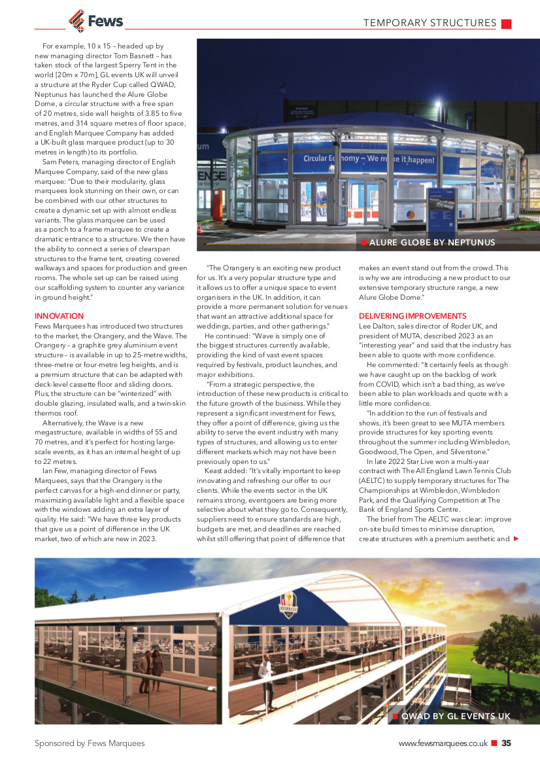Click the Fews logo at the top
point(95,21)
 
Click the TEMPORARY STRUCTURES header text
point(430,24)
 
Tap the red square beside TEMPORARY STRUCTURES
point(506,24)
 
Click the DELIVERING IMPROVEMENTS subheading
point(413,316)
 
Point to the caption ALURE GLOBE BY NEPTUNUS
point(432,243)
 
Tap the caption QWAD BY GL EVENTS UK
point(456,716)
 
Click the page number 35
point(507,743)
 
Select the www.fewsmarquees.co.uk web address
point(443,743)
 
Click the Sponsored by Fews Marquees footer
point(90,743)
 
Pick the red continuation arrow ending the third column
point(516,539)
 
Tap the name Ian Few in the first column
point(56,470)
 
